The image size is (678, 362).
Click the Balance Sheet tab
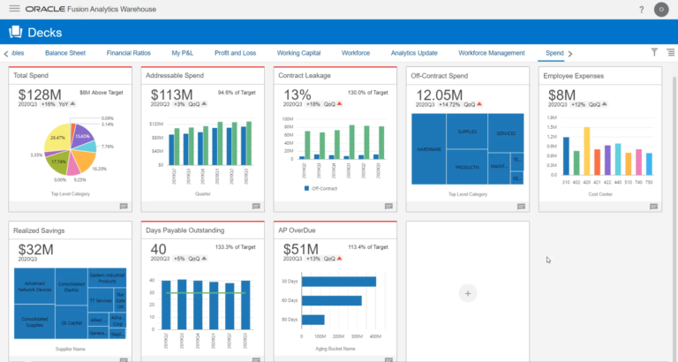[65, 53]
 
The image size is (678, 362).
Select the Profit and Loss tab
[235, 53]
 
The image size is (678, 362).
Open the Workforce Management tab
[491, 53]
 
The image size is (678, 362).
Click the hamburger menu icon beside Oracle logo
[14, 9]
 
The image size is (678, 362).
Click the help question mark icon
[641, 10]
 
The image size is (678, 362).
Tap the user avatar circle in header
[661, 10]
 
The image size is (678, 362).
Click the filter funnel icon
[654, 53]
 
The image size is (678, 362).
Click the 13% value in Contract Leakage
[297, 94]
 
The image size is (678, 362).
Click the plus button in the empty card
[468, 292]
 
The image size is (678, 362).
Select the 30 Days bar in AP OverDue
[338, 281]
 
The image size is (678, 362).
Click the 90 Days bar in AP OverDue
[313, 320]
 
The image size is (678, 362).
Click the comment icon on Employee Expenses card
[652, 207]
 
